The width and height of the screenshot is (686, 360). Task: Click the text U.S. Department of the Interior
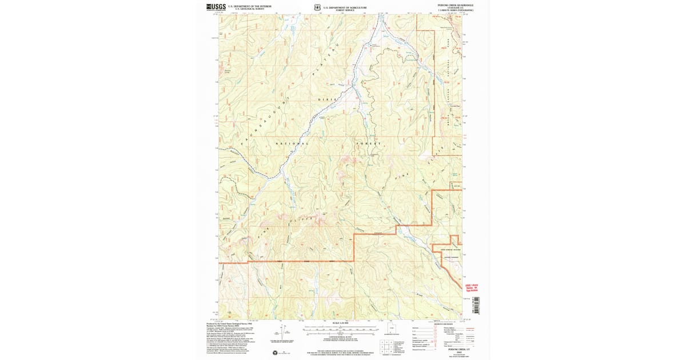245,6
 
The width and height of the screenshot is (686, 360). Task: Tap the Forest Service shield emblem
317,8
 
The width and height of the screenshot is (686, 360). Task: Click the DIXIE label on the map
324,99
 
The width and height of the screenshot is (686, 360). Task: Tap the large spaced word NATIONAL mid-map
292,143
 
